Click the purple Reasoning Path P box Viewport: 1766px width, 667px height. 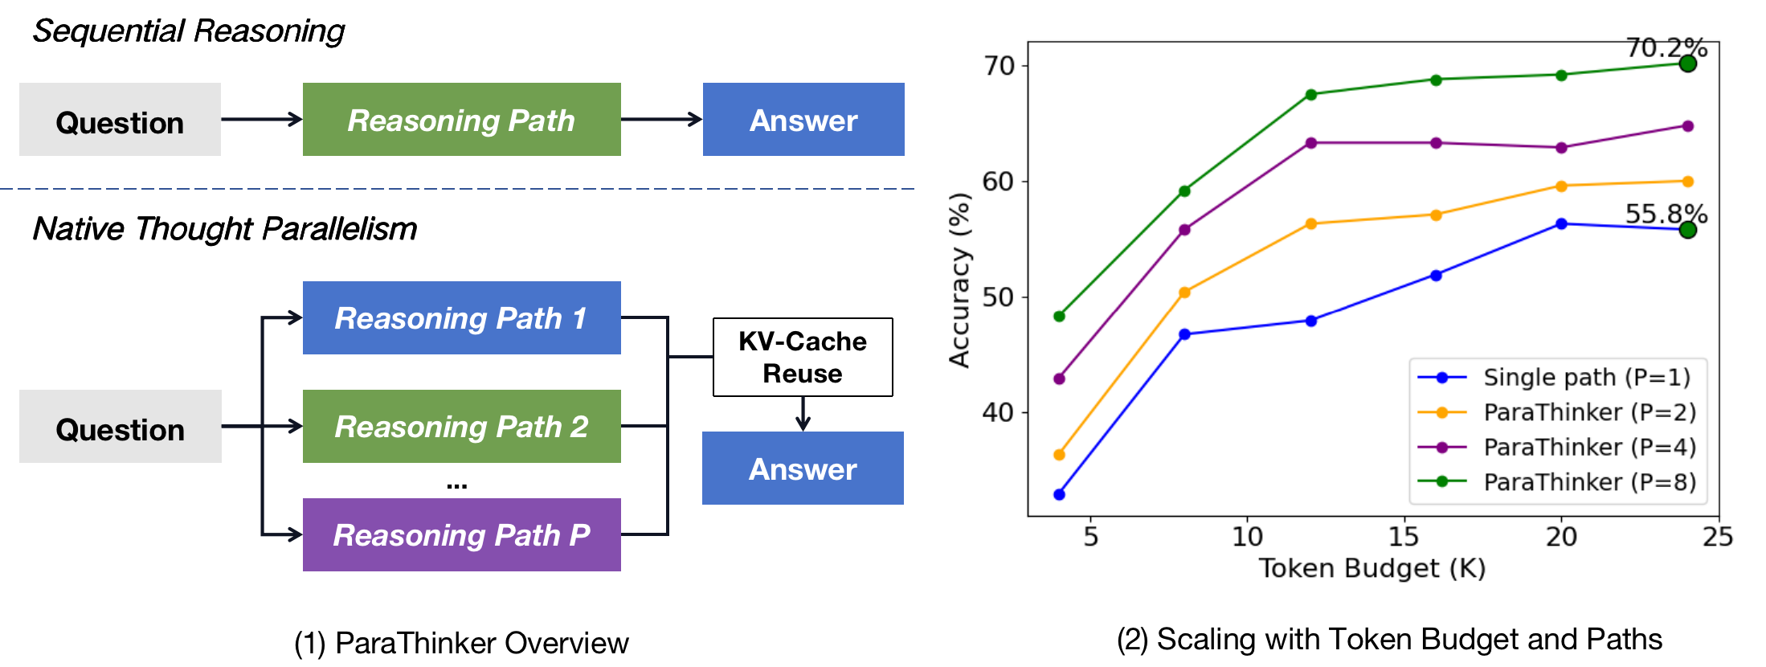461,534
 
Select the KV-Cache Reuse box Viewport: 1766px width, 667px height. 802,357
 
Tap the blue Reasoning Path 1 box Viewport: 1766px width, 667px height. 461,317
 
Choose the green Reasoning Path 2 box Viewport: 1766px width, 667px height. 461,426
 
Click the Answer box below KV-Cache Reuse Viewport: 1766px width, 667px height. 802,469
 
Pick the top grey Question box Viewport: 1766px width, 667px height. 120,120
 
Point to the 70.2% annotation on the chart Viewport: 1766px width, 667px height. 1666,47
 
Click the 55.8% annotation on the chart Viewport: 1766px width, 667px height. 1666,214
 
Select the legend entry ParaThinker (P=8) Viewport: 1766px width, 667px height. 1588,481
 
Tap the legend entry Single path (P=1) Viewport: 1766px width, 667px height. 1586,377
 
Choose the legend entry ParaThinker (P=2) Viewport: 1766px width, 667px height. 1588,412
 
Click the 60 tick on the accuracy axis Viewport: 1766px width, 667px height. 998,182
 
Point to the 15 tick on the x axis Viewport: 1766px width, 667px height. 1404,536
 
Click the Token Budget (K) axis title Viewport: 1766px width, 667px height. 1372,568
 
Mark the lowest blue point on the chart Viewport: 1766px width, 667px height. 1059,494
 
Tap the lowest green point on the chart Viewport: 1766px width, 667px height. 1059,316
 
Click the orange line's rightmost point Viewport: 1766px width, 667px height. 1687,182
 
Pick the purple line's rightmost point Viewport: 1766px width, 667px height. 1687,126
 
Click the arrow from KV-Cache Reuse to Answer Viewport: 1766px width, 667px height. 802,414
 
